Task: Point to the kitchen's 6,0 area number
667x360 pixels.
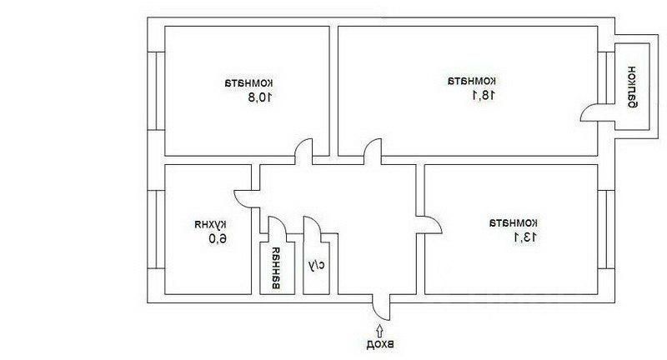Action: [x=211, y=240]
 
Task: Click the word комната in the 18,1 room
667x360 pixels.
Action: [x=472, y=81]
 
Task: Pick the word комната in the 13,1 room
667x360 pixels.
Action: [x=514, y=222]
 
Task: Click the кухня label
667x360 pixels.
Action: [x=211, y=224]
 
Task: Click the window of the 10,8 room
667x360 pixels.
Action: [x=155, y=91]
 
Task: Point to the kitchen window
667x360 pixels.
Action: [x=155, y=229]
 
